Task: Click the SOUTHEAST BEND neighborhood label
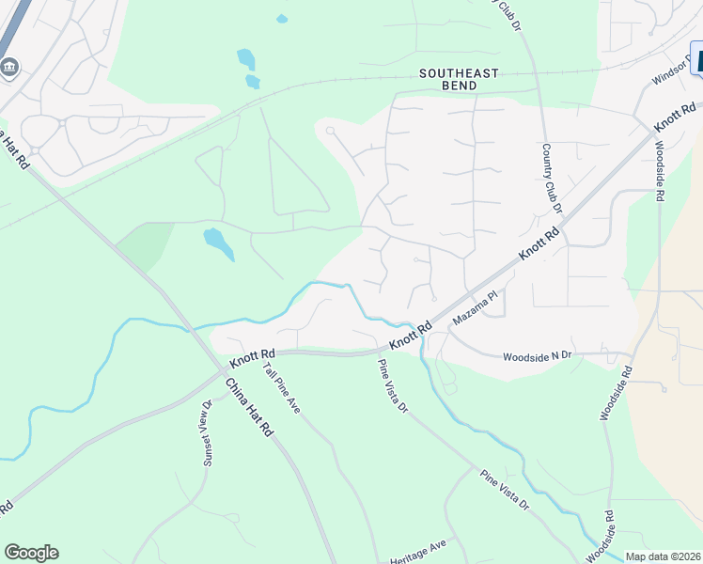coord(461,79)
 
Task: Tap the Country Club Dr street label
coord(551,180)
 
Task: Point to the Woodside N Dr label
coord(538,356)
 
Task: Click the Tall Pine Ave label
coord(280,386)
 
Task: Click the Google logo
coord(31,553)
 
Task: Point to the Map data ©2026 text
coord(663,556)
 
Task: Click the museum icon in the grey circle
coord(9,67)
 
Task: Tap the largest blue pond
coord(218,243)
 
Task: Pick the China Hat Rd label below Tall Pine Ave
coord(248,407)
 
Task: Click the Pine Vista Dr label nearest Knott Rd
coord(393,386)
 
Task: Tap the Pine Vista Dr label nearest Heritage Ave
coord(505,490)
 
